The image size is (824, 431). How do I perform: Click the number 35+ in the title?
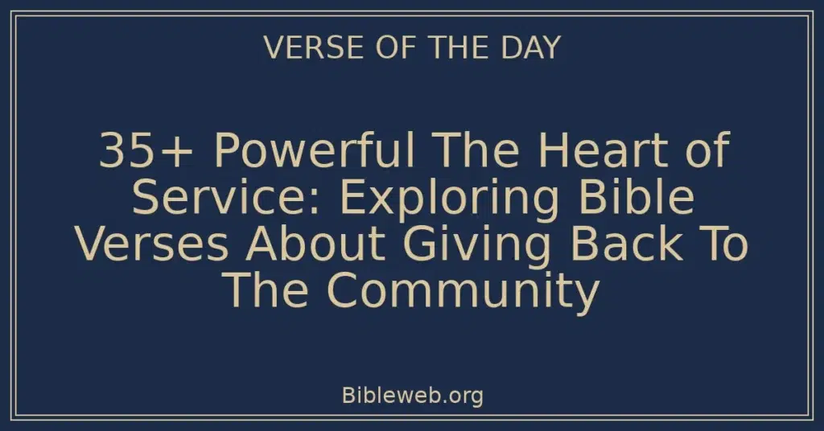tap(139, 153)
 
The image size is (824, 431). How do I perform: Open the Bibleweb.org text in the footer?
tap(412, 396)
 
